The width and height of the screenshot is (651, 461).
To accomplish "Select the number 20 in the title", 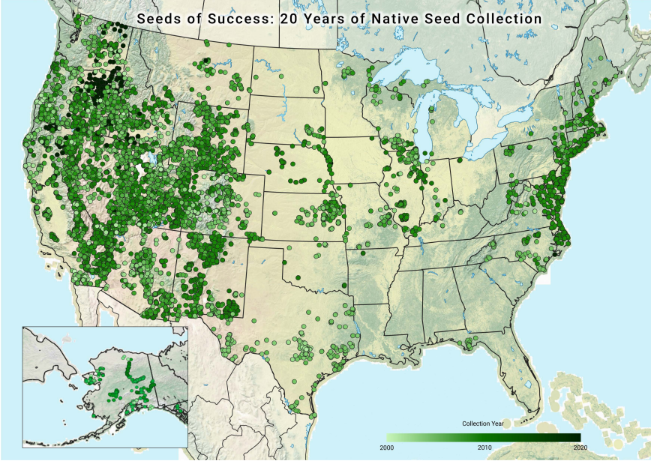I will (x=289, y=17).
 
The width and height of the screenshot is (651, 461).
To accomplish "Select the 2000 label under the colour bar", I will (x=386, y=448).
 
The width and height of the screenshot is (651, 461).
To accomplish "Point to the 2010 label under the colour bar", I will (x=484, y=448).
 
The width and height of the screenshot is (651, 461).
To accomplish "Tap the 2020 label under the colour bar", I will (x=580, y=448).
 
